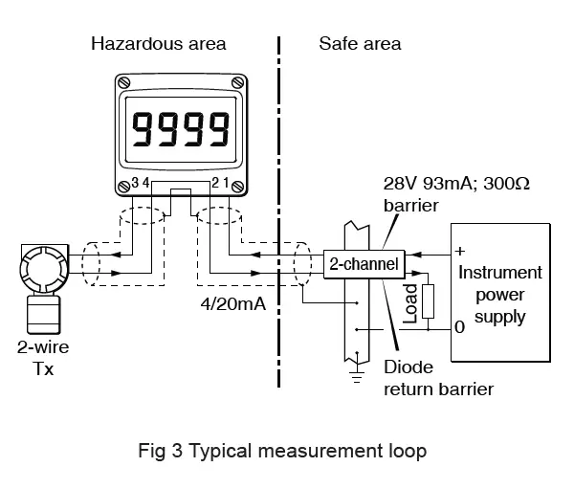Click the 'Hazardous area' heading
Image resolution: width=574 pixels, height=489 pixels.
point(158,44)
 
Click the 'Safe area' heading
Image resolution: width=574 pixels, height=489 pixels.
point(359,44)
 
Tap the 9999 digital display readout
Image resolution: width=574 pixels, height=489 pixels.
point(182,127)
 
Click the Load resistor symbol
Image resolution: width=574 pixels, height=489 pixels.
point(428,300)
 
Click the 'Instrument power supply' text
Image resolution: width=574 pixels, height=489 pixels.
point(500,293)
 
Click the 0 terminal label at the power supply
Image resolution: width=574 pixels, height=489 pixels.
point(460,327)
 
